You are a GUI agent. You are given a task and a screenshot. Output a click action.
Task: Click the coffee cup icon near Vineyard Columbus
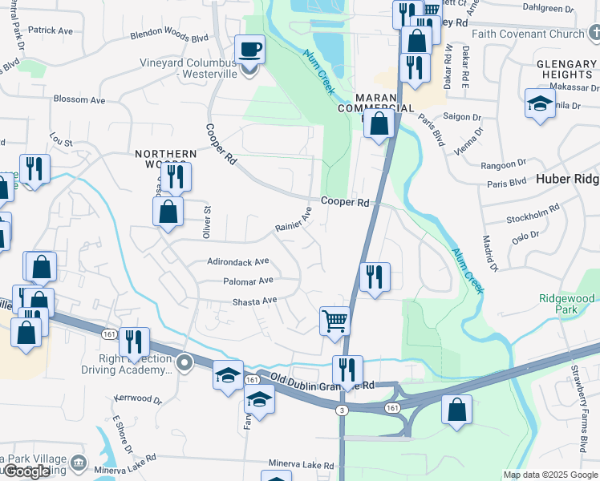(x=249, y=50)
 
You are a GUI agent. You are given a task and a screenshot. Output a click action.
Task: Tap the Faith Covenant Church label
(x=528, y=34)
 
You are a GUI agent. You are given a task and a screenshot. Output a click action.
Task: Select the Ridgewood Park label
(x=567, y=304)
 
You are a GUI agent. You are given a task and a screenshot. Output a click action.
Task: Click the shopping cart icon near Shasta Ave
(x=334, y=321)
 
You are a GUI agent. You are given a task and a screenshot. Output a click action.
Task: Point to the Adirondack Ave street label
(x=238, y=261)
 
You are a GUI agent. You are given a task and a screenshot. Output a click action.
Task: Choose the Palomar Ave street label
(x=248, y=281)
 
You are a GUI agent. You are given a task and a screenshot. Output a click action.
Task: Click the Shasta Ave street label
(x=254, y=301)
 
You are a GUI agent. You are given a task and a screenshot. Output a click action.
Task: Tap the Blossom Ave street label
(x=79, y=100)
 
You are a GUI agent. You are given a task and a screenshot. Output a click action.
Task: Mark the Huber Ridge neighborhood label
(x=567, y=180)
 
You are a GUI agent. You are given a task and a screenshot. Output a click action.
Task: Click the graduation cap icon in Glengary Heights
(x=540, y=103)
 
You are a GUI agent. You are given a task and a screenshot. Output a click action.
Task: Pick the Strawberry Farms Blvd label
(x=578, y=409)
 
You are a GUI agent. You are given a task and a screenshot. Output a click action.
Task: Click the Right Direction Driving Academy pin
(x=184, y=363)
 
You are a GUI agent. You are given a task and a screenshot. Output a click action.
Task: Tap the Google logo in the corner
(x=26, y=472)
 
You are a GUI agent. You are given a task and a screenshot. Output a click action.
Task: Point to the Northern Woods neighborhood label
(x=165, y=159)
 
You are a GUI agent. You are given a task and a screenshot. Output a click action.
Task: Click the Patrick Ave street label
(x=50, y=30)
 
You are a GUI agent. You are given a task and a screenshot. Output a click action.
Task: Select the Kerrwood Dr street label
(x=137, y=398)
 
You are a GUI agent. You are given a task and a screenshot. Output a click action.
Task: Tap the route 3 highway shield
(x=342, y=410)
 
